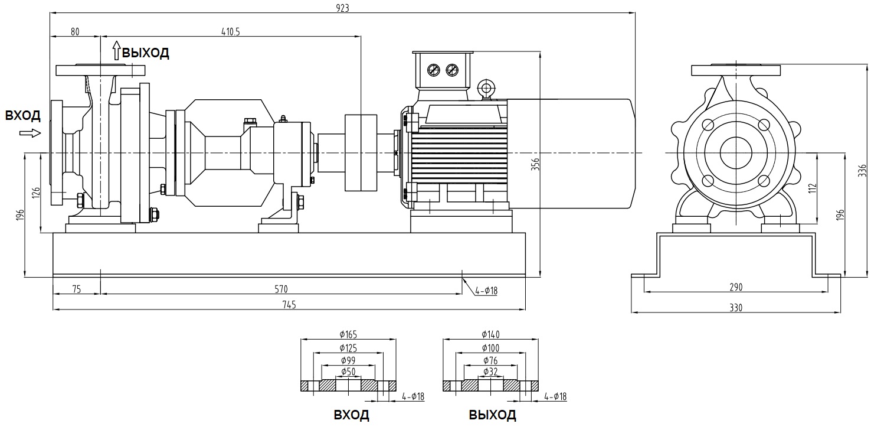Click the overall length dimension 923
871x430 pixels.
(x=343, y=8)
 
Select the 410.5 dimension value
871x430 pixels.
(x=231, y=32)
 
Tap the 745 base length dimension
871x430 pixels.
(x=289, y=305)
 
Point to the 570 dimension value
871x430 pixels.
(x=281, y=289)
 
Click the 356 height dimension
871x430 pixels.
(x=535, y=164)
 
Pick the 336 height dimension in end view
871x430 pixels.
(x=863, y=171)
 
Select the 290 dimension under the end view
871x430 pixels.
(x=736, y=287)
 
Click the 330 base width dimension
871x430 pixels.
(x=736, y=308)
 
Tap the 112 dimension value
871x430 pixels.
(x=813, y=188)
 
